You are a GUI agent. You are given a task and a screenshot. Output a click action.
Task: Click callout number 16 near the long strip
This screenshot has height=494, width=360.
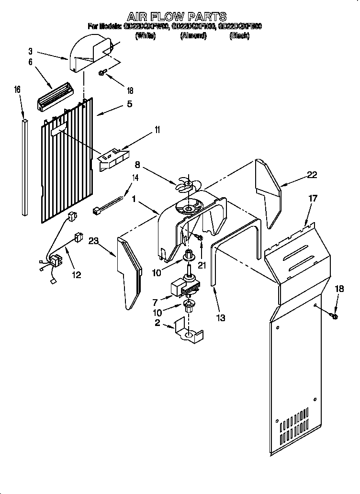pos(17,89)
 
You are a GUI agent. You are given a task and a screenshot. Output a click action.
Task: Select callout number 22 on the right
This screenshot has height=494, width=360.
pos(312,175)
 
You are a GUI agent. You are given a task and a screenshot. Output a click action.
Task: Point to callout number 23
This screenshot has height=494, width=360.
pos(93,242)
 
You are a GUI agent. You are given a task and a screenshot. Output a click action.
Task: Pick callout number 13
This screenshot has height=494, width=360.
pos(220,317)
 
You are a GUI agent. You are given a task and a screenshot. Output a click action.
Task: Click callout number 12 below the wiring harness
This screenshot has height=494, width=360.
pos(76,275)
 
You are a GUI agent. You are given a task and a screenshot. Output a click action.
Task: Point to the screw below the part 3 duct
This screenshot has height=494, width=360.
pos(102,73)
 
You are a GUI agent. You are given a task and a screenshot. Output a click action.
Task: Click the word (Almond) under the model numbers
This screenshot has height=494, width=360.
pos(193,36)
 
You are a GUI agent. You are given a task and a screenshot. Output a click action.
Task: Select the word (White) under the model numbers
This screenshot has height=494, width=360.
pos(146,36)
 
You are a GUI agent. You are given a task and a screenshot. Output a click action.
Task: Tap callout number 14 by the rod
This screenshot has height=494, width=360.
pos(135,178)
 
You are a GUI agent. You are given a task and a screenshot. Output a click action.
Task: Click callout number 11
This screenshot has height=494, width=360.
pos(144,129)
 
